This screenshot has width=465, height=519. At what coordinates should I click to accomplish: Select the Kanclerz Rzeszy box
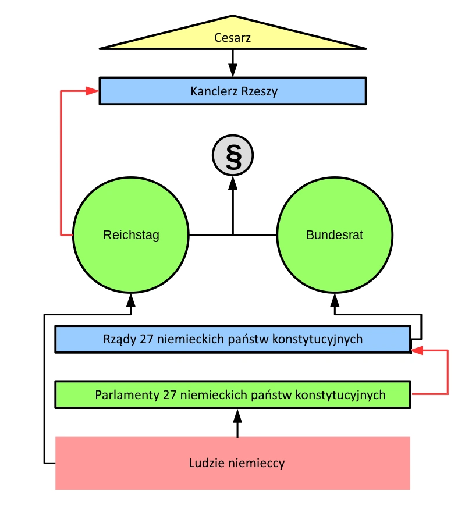pos(233,91)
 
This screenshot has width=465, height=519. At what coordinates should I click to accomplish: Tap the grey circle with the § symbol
pos(233,157)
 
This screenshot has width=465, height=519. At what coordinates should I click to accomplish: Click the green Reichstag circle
pos(131,235)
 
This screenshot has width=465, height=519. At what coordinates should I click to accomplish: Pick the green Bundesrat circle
pos(335,235)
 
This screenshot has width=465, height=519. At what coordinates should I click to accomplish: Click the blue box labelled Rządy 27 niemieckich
pos(233,339)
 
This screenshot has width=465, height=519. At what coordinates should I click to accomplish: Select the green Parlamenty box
pos(233,394)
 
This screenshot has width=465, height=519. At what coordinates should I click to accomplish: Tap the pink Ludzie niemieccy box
pos(233,463)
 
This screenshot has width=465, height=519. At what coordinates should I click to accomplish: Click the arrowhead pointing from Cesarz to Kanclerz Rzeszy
pos(233,71)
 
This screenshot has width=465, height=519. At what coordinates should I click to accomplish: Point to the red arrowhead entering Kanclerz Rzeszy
pos(93,91)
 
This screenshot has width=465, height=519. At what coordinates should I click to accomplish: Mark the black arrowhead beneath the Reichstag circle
pos(131,300)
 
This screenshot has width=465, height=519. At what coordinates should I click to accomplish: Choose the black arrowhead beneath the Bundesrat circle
pos(335,300)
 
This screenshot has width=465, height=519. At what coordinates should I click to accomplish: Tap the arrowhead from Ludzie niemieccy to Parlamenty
pos(237,415)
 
